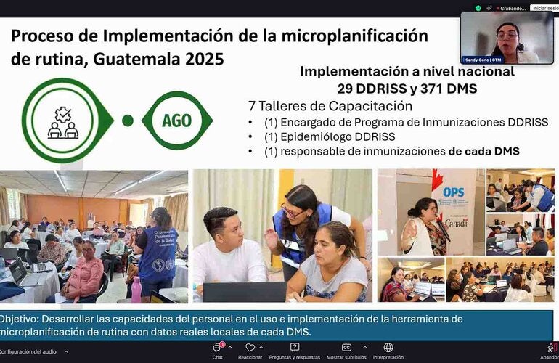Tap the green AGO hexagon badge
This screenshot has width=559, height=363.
176,121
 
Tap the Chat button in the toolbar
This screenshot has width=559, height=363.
217,351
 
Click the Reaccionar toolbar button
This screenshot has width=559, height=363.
250,351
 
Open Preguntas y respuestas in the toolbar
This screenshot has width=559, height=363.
295,351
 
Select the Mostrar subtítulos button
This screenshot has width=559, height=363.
346,351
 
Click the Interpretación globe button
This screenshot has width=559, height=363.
388,351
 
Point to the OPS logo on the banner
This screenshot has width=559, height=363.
452,192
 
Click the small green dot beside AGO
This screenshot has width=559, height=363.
128,121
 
